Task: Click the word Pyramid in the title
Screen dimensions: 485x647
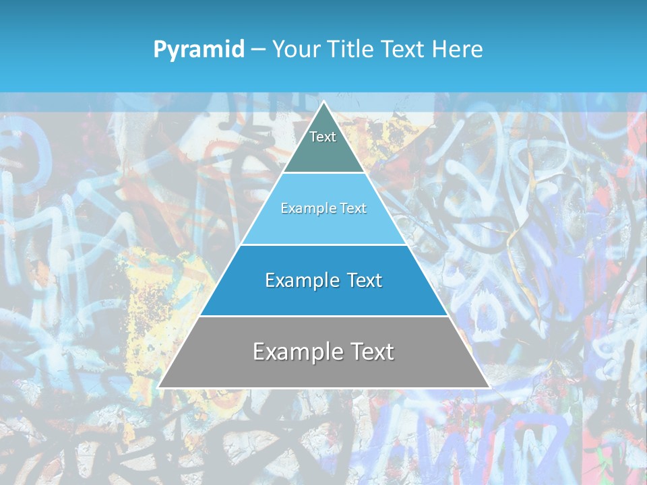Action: tap(199, 49)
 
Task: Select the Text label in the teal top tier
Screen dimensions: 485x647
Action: tap(323, 137)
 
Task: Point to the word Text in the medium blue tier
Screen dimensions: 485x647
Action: tap(363, 280)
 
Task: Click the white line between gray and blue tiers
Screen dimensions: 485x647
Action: tap(323, 316)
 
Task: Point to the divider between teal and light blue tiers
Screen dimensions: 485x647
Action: tap(323, 173)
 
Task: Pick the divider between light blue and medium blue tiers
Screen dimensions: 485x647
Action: tap(323, 245)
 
